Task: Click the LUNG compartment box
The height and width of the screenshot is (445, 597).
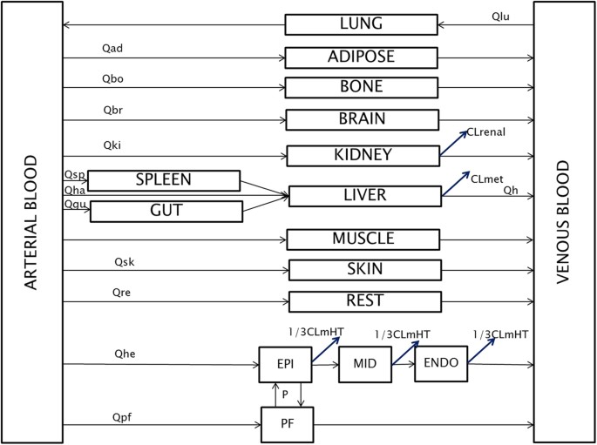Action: coord(362,24)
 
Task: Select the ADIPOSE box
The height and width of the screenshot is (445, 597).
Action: coord(362,57)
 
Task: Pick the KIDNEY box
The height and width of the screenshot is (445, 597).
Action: coord(363,156)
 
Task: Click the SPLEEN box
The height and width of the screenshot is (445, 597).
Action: coord(164,180)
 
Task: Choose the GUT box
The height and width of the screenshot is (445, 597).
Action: coord(166,211)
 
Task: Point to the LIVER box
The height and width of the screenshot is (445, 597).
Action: coord(364,196)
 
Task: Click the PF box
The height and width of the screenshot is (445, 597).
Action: coord(286,425)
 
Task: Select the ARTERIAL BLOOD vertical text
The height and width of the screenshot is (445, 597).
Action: coord(31,223)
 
